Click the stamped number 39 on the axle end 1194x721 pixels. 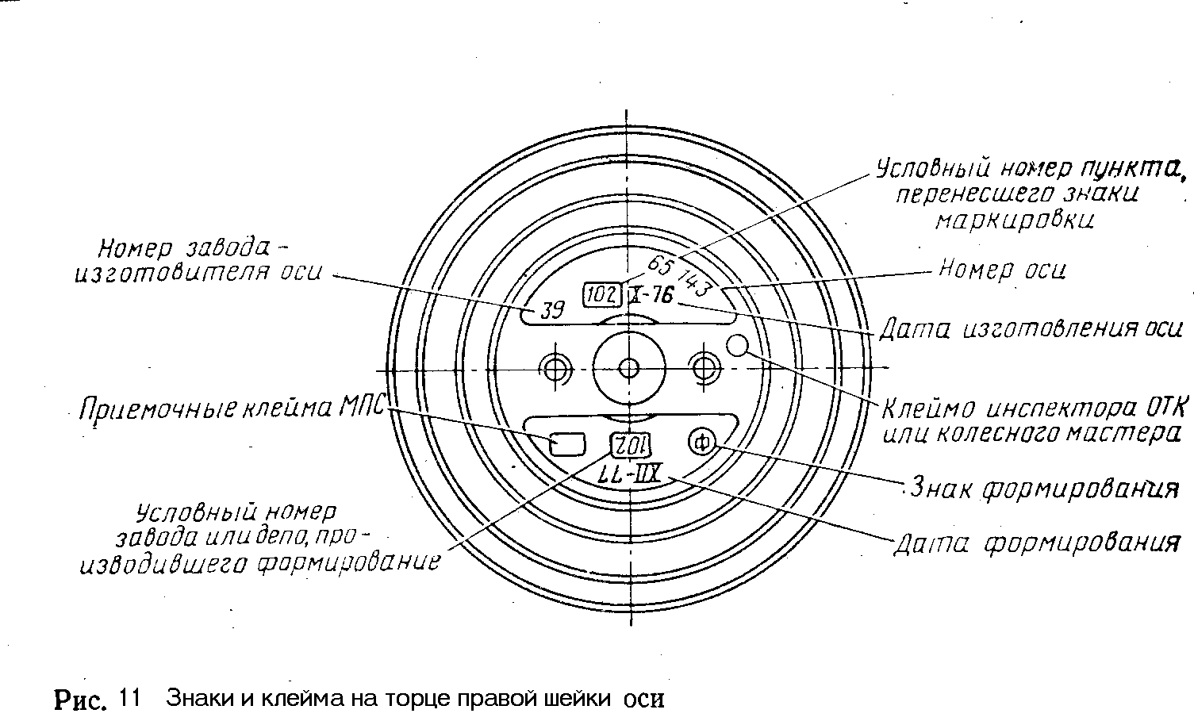coord(551,310)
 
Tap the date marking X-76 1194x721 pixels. coord(651,296)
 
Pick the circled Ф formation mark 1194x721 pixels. coord(701,442)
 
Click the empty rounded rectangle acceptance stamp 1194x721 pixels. coord(568,443)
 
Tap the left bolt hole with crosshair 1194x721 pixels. coord(555,367)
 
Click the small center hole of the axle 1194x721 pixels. coord(628,368)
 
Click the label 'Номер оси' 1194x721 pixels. coord(1002,270)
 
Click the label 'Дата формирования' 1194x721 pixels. coord(1037,544)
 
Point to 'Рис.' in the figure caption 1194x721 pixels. coord(80,700)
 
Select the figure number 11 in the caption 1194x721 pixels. coord(129,699)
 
